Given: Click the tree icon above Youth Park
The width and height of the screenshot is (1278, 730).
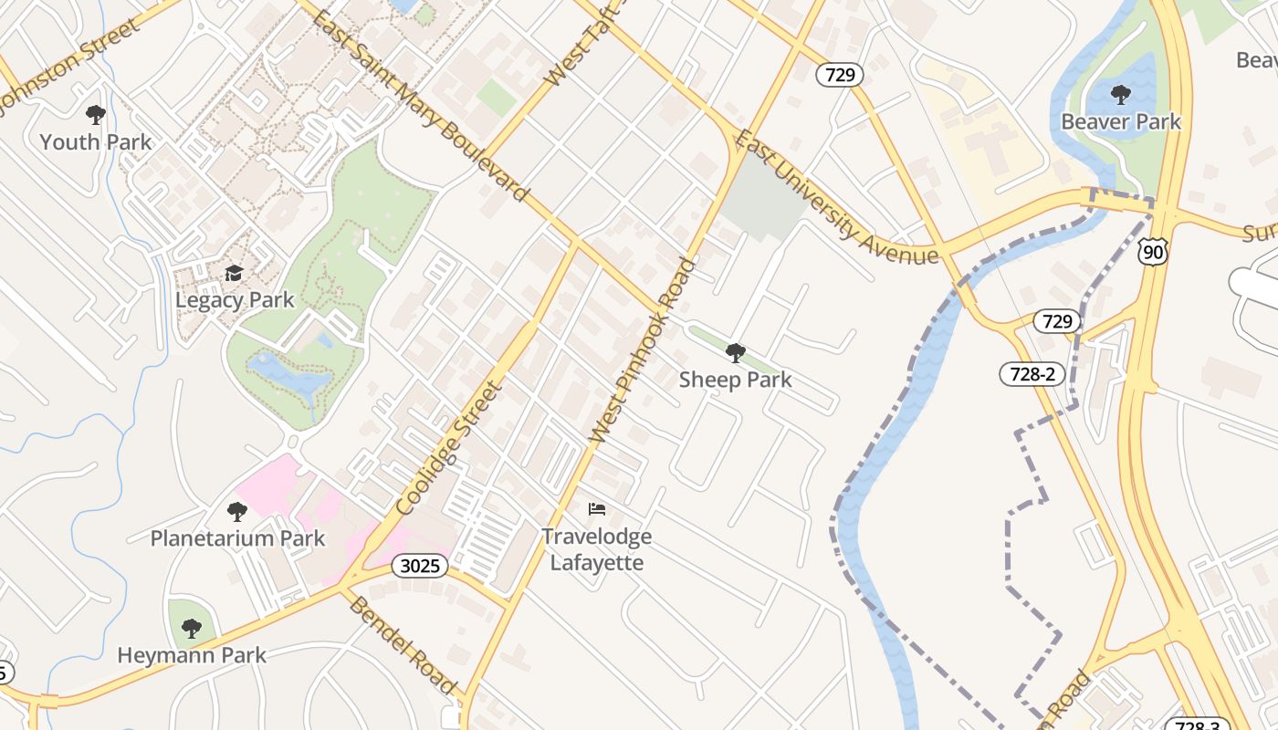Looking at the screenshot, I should (95, 115).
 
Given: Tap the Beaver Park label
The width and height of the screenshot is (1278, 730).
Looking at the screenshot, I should (1120, 121).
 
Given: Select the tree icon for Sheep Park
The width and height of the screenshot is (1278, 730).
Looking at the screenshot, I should (735, 352).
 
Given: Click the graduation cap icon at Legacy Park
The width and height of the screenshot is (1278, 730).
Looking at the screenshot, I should (235, 274).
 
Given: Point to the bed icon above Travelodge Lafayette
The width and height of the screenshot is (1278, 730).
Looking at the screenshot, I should (597, 508).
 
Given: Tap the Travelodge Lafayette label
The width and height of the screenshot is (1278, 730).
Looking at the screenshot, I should (597, 549).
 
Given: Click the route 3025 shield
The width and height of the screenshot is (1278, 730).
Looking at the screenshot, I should (421, 566).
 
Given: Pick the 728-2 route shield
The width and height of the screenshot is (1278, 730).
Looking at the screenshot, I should (1032, 373).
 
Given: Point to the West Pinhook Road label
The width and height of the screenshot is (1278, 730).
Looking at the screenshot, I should (644, 352).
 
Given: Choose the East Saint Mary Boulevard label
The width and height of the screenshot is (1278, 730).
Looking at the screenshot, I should (421, 106).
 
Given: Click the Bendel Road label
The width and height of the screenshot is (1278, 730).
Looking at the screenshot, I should (403, 644).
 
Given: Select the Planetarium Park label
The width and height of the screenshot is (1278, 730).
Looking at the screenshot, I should (237, 538).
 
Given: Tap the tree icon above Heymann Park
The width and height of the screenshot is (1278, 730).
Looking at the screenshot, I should (191, 628).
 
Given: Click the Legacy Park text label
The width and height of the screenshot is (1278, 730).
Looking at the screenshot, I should (235, 300).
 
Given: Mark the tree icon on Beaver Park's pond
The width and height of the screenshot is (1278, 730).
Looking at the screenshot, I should (1120, 94).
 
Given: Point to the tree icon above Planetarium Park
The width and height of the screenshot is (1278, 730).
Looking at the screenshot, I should (237, 512).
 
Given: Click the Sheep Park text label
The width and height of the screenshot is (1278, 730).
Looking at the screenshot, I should (735, 380).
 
